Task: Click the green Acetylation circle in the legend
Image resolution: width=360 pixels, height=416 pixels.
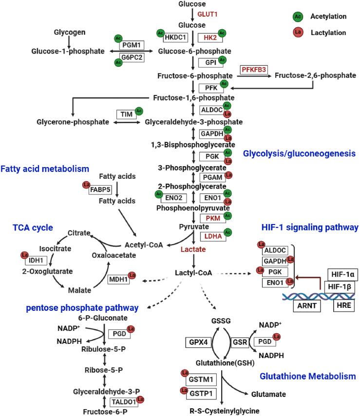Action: [x=297, y=17]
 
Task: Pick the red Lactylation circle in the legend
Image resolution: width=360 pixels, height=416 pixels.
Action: [x=297, y=32]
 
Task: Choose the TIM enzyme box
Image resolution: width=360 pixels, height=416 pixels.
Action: [x=125, y=114]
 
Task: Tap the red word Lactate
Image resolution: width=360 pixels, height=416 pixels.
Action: [x=194, y=249]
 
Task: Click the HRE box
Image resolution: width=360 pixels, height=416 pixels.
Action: [x=341, y=306]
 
